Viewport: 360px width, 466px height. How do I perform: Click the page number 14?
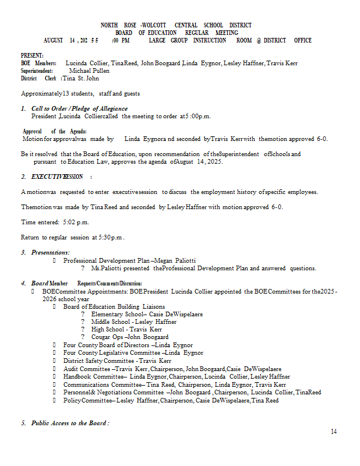click(x=334, y=431)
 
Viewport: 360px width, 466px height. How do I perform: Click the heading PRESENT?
click(x=32, y=55)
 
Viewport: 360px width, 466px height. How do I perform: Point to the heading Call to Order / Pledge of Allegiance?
click(x=79, y=108)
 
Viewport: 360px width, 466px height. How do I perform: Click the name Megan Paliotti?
click(x=175, y=260)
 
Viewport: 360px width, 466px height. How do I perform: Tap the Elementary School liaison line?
click(x=147, y=314)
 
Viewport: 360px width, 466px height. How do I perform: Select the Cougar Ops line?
click(x=129, y=337)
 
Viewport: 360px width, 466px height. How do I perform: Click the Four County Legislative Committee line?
click(x=133, y=352)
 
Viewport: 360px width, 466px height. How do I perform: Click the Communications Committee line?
click(x=174, y=384)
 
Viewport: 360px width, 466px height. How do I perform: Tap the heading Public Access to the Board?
click(x=70, y=423)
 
